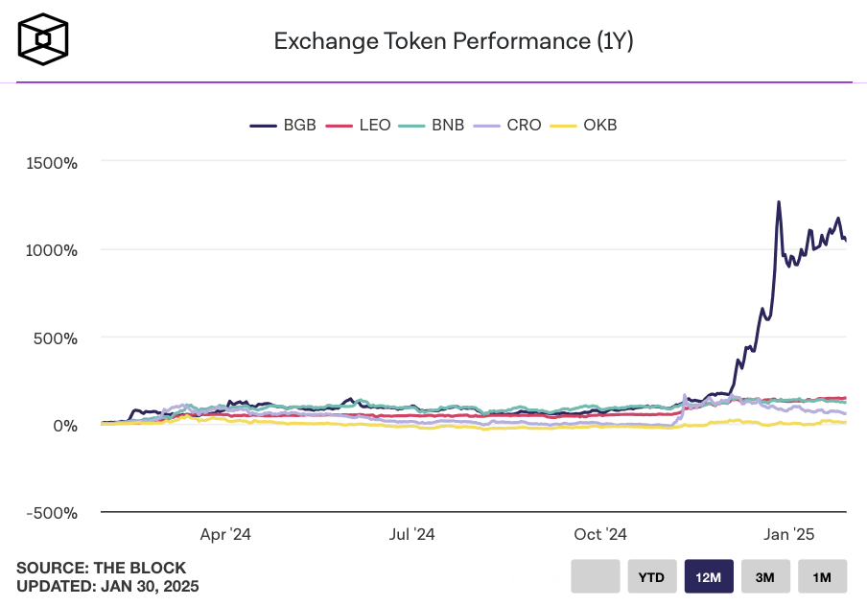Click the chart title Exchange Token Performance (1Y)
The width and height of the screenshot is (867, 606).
click(454, 41)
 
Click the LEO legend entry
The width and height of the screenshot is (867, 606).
click(360, 125)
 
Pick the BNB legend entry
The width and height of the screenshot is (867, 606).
click(433, 125)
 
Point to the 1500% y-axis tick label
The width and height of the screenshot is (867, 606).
click(52, 162)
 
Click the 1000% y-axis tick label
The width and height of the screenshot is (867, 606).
click(52, 250)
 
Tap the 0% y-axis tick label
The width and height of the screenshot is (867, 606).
click(64, 426)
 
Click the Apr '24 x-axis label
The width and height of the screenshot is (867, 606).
click(226, 534)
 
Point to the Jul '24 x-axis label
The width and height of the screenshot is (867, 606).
click(413, 534)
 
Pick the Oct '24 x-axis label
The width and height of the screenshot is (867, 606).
click(601, 534)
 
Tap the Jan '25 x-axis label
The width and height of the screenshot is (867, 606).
click(789, 534)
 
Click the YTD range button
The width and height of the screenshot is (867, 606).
click(652, 577)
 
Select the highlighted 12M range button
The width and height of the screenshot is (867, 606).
click(709, 577)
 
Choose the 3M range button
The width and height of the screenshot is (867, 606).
click(765, 577)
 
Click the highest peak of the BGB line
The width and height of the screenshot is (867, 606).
click(779, 202)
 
